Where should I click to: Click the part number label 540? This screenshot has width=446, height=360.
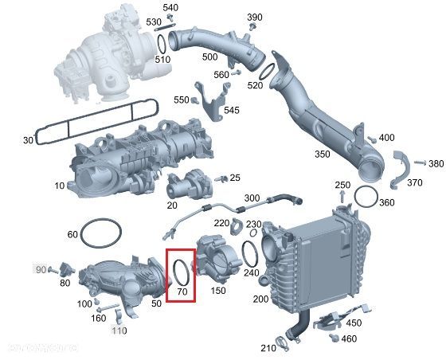pyautogui.click(x=171, y=8)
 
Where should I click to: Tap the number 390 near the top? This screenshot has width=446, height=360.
pyautogui.click(x=254, y=18)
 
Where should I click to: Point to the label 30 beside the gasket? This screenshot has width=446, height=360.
pyautogui.click(x=28, y=140)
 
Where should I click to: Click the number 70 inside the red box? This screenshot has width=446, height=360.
pyautogui.click(x=182, y=292)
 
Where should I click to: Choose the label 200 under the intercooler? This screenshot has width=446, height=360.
pyautogui.click(x=260, y=299)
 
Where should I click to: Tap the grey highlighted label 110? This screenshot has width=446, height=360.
pyautogui.click(x=119, y=331)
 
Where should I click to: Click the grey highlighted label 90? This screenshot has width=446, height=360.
pyautogui.click(x=41, y=269)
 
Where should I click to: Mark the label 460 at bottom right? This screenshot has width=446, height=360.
pyautogui.click(x=349, y=338)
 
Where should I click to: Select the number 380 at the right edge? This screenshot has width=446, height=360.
pyautogui.click(x=436, y=163)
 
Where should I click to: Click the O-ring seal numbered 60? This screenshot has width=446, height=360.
pyautogui.click(x=102, y=233)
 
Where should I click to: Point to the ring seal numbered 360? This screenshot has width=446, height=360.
pyautogui.click(x=367, y=195)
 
